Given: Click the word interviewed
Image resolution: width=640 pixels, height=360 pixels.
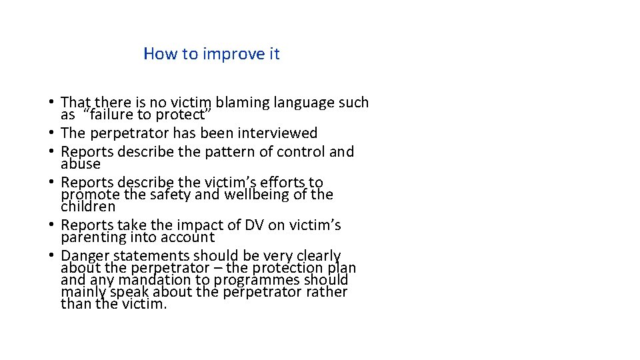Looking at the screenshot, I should [x=280, y=133].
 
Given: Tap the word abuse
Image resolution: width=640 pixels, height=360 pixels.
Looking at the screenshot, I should [x=81, y=164].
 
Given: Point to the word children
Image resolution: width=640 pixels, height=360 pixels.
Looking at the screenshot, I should [x=88, y=207].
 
